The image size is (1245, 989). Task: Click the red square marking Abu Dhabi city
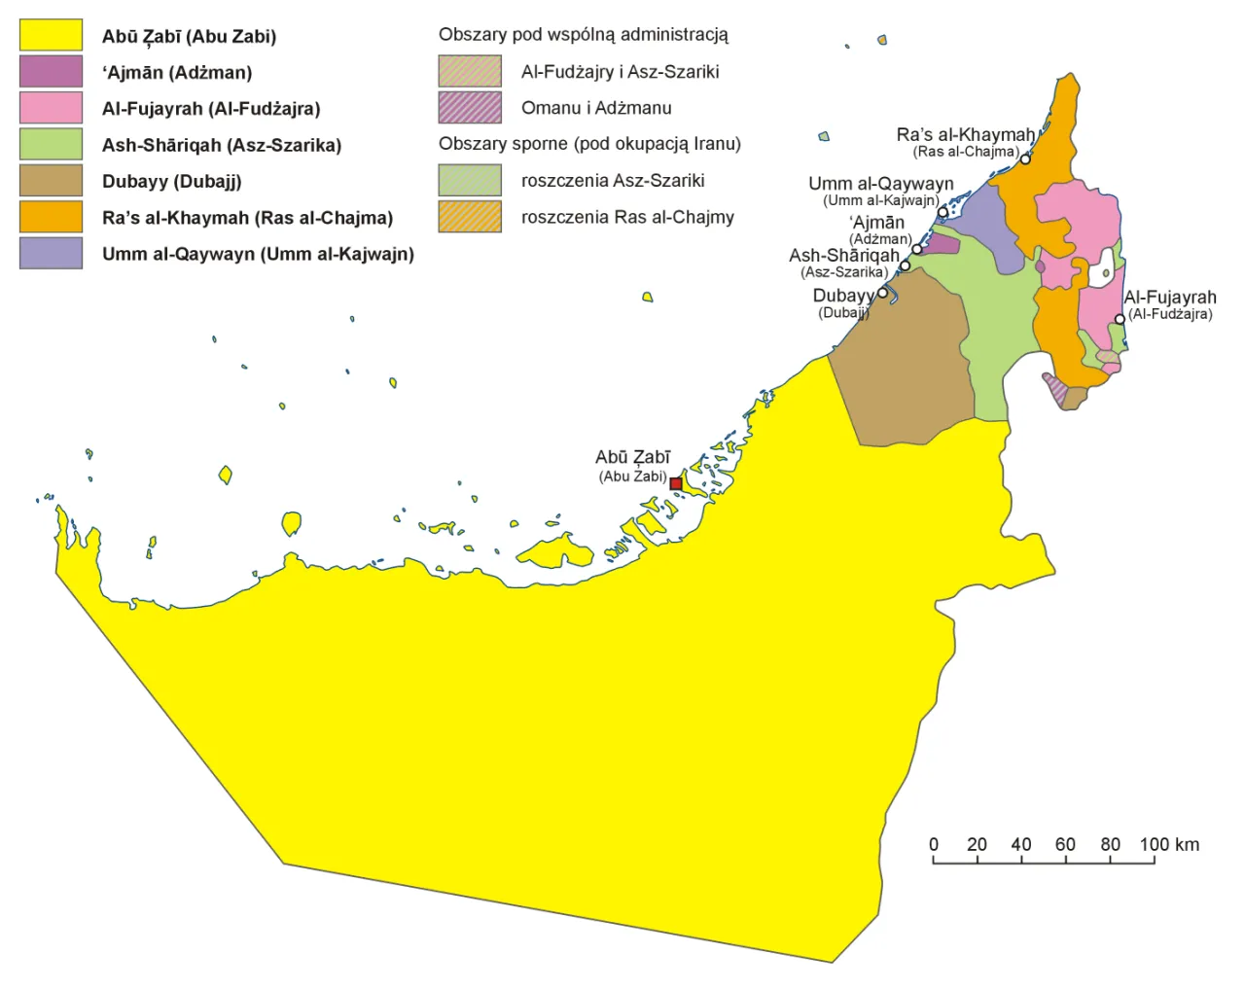pyautogui.click(x=676, y=483)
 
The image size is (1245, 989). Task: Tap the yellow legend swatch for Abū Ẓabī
pyautogui.click(x=51, y=36)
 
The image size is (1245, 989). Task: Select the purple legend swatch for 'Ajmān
pyautogui.click(x=51, y=72)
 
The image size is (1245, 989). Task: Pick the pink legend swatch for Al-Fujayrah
pyautogui.click(x=51, y=108)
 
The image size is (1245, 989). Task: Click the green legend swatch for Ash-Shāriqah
pyautogui.click(x=51, y=144)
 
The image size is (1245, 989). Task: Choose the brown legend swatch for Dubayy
pyautogui.click(x=51, y=181)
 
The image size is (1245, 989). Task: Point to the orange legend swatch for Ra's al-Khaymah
pyautogui.click(x=51, y=217)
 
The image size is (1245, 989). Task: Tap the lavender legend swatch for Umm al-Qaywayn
pyautogui.click(x=51, y=253)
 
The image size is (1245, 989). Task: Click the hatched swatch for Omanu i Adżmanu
pyautogui.click(x=470, y=107)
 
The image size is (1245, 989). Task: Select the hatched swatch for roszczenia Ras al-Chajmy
pyautogui.click(x=470, y=217)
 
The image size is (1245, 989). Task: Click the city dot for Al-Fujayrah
pyautogui.click(x=1120, y=319)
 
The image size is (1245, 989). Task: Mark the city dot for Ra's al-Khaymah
pyautogui.click(x=1025, y=159)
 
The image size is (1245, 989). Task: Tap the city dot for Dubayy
pyautogui.click(x=883, y=293)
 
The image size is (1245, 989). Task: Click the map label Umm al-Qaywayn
pyautogui.click(x=880, y=184)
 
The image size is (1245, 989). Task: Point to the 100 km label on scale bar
pyautogui.click(x=1169, y=844)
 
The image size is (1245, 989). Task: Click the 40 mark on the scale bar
pyautogui.click(x=1021, y=844)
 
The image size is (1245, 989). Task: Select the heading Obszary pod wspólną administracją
pyautogui.click(x=583, y=35)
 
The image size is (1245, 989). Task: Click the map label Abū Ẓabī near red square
pyautogui.click(x=632, y=457)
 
